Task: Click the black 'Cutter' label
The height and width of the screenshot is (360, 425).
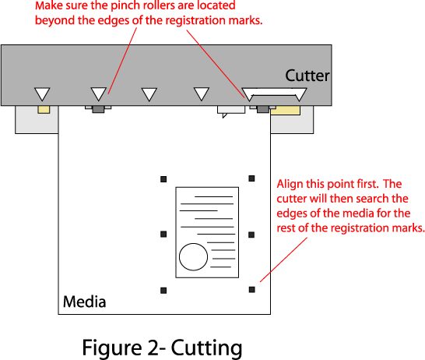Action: (307, 76)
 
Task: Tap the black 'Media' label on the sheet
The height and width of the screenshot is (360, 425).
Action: (84, 302)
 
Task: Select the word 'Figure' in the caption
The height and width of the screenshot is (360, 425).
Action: (112, 348)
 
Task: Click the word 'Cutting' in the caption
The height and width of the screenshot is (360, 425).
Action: (206, 348)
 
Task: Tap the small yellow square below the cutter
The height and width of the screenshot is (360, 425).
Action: (44, 110)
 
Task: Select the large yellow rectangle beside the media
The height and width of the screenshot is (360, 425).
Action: (286, 111)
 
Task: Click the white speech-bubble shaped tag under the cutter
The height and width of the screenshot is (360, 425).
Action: (231, 111)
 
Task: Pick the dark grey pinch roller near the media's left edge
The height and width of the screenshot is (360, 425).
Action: (98, 109)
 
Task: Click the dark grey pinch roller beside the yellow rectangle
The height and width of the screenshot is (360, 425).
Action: (262, 109)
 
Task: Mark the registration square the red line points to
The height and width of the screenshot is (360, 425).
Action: (251, 290)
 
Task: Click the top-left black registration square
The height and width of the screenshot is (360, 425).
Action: (163, 179)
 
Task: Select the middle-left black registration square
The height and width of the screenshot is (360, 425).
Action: (163, 234)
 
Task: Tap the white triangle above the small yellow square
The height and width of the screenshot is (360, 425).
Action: (42, 93)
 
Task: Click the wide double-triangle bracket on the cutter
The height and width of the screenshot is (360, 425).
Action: (274, 92)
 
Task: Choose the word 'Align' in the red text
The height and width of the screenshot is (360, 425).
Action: (290, 185)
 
